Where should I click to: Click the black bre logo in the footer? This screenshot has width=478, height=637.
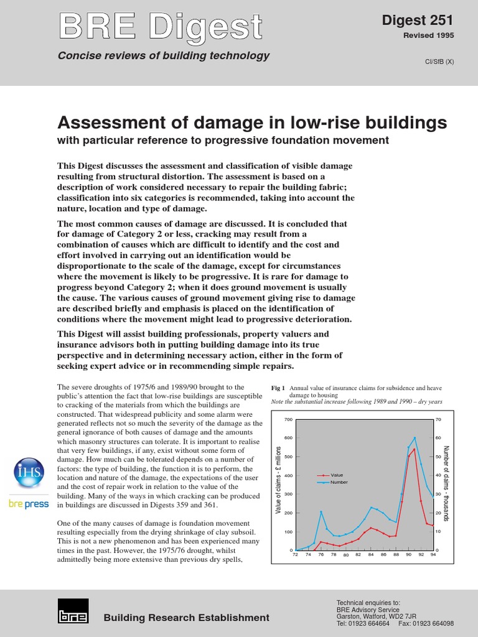pos(73,611)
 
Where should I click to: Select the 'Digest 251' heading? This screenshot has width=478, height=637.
pos(418,21)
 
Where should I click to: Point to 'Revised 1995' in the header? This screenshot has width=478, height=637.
pos(429,35)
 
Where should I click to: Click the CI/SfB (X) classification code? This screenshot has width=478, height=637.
pos(438,62)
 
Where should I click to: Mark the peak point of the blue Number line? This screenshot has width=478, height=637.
pos(415,438)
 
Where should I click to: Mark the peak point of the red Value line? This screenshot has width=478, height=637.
pos(415,449)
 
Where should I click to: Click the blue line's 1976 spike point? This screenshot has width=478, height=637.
pos(321,512)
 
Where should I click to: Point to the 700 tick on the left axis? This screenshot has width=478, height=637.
pos(288,420)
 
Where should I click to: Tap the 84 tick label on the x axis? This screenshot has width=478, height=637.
pos(372,554)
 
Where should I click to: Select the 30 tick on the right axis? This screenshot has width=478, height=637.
pos(439,495)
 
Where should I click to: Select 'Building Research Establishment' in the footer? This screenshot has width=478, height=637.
pos(187,618)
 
